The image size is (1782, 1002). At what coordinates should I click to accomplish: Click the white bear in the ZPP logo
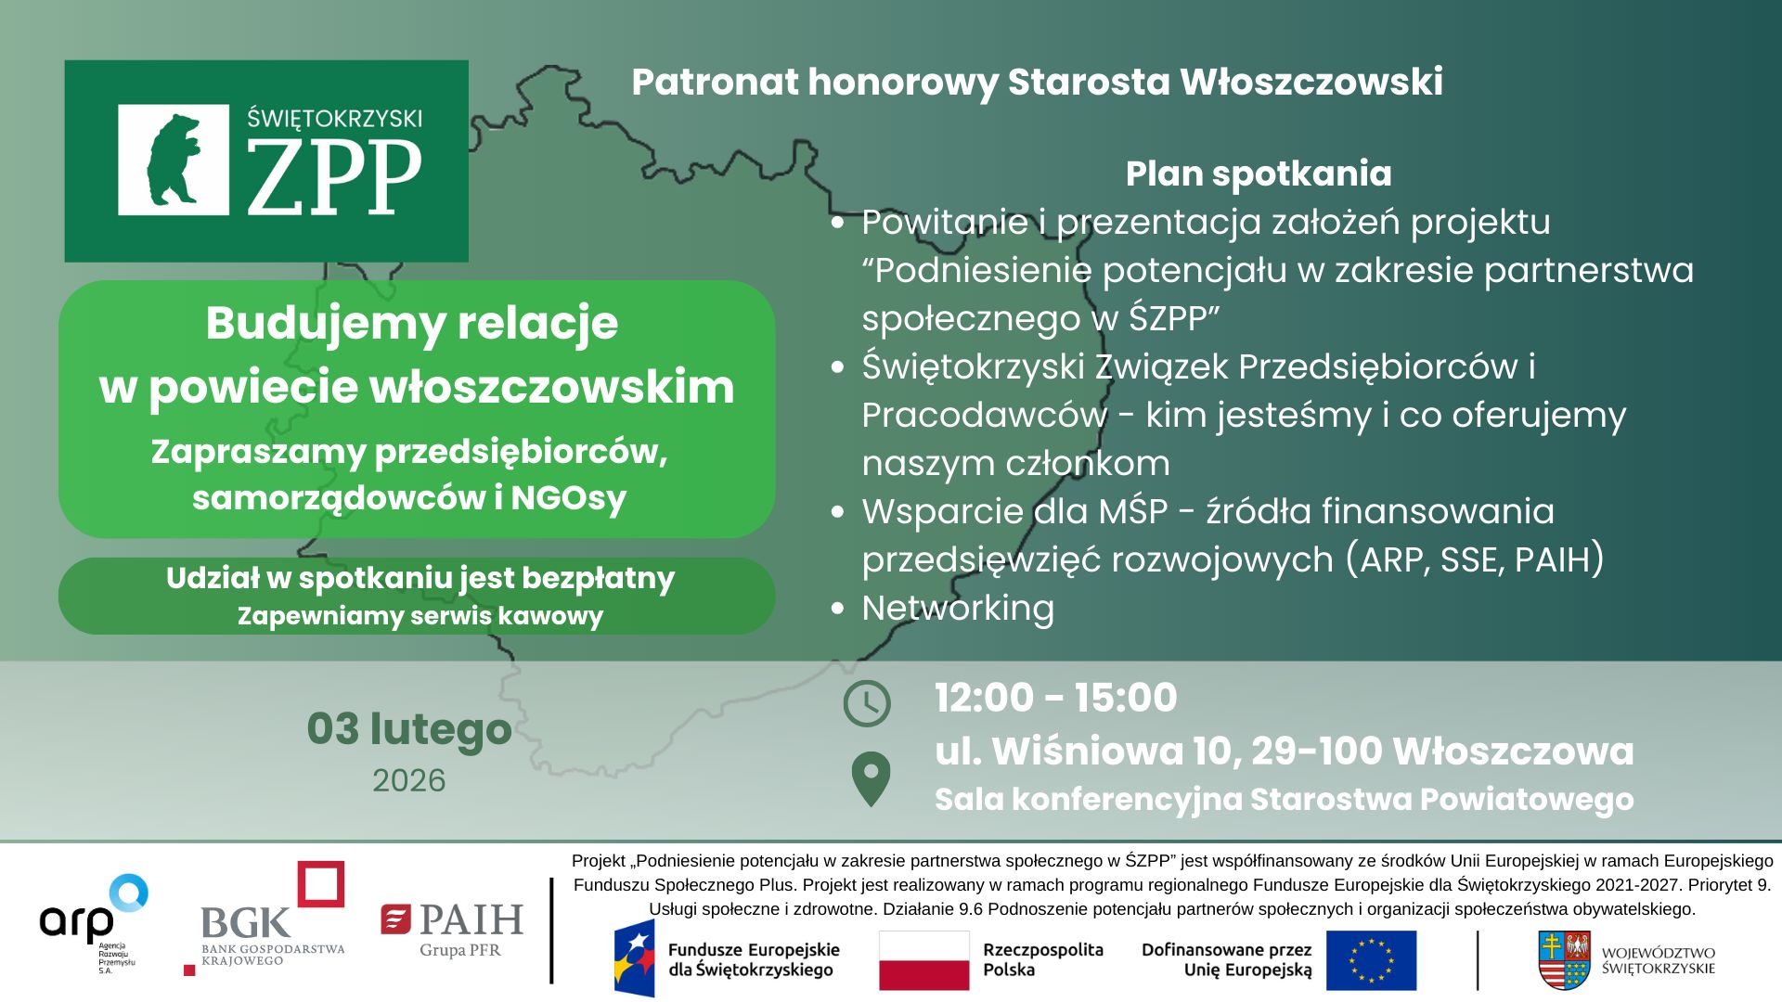pyautogui.click(x=174, y=160)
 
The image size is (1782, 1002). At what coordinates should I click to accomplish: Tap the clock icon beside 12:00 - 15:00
pyautogui.click(x=866, y=703)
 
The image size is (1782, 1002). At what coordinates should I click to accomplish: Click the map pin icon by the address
pyautogui.click(x=871, y=778)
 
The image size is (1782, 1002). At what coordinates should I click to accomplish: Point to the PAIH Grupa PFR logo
pyautogui.click(x=452, y=930)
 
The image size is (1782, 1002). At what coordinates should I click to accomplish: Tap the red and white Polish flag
pyautogui.click(x=923, y=960)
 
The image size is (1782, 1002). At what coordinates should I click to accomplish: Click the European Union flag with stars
pyautogui.click(x=1371, y=960)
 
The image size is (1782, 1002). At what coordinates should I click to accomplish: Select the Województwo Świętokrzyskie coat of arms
pyautogui.click(x=1564, y=960)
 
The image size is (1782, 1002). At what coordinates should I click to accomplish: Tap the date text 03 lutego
pyautogui.click(x=409, y=730)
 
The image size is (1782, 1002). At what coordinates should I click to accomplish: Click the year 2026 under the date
pyautogui.click(x=409, y=780)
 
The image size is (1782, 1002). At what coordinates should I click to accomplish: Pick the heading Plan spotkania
pyautogui.click(x=1259, y=173)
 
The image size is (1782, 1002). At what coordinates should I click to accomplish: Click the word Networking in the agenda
pyautogui.click(x=958, y=608)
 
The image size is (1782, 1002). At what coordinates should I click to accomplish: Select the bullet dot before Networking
pyautogui.click(x=838, y=609)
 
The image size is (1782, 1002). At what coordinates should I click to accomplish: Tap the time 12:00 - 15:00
pyautogui.click(x=1056, y=698)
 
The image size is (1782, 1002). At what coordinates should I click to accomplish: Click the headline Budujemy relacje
pyautogui.click(x=412, y=324)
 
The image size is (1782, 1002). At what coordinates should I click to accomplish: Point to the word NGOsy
pyautogui.click(x=568, y=498)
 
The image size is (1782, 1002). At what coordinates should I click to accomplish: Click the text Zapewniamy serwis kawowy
pyautogui.click(x=420, y=616)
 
